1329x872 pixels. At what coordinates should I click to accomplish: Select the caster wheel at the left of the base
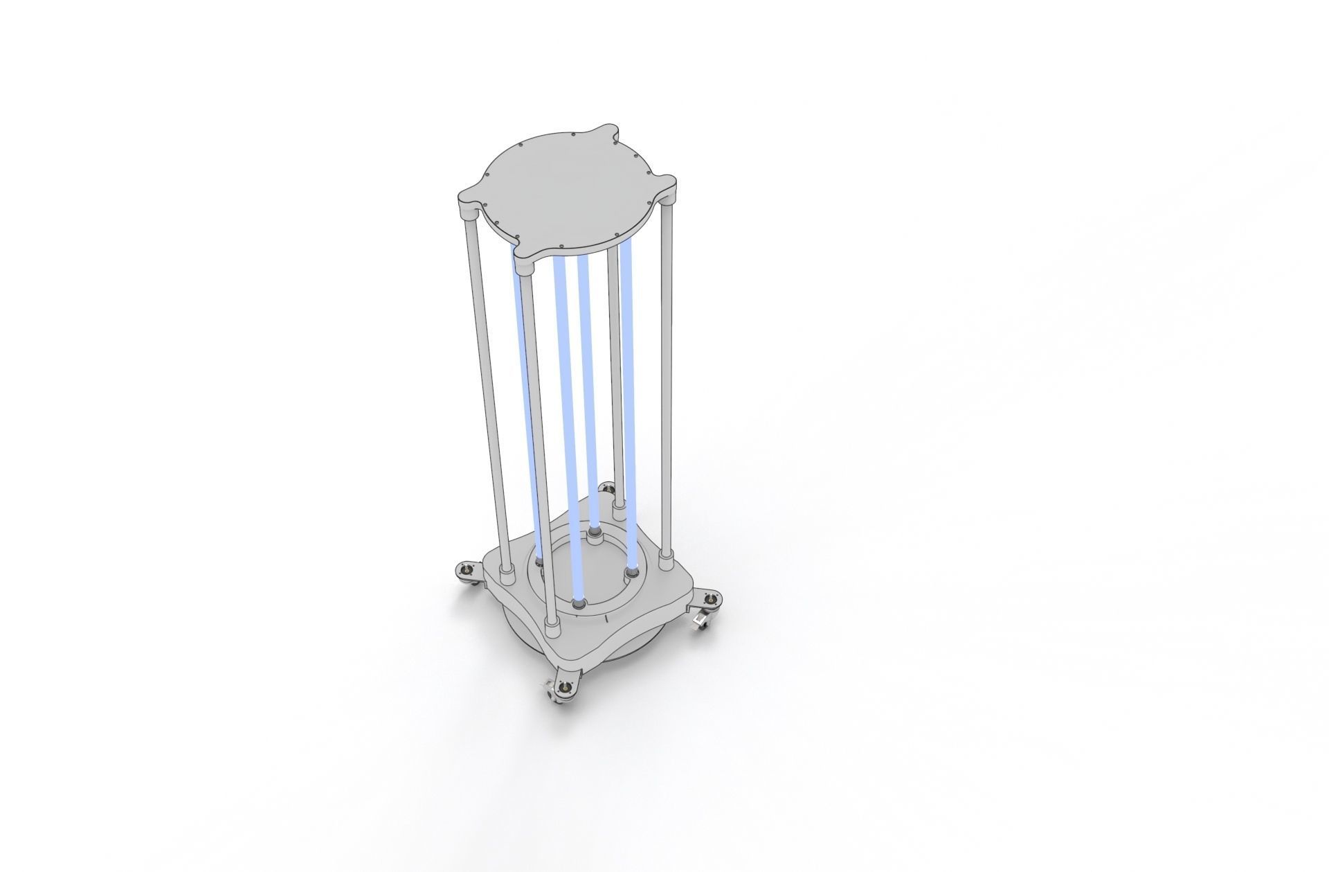coord(467,571)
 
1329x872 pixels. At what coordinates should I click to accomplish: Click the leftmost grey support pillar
coord(487,381)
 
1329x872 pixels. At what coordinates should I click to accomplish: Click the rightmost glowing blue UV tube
coord(629,388)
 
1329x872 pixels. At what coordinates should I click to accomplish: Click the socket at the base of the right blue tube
coord(630,573)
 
